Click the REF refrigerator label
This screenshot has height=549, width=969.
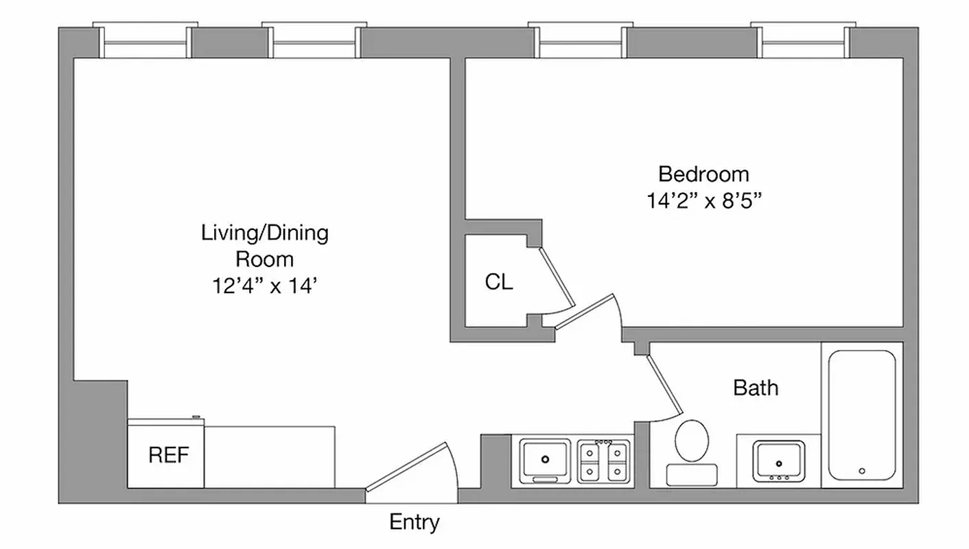[x=169, y=455]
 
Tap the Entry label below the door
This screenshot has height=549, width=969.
[x=415, y=522]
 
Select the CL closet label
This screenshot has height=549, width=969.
[x=499, y=281]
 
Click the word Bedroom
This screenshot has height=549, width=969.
[x=703, y=174]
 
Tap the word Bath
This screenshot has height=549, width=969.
[x=756, y=388]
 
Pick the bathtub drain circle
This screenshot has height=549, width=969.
[x=862, y=471]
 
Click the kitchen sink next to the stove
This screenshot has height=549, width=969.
[x=545, y=459]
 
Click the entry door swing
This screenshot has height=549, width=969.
[x=412, y=467]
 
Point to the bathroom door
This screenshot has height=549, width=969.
[x=663, y=387]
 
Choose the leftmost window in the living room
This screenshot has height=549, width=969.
[x=144, y=43]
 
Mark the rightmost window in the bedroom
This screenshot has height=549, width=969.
[x=804, y=43]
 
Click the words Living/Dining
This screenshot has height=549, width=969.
[x=265, y=233]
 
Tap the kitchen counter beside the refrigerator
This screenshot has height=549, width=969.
[x=270, y=456]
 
